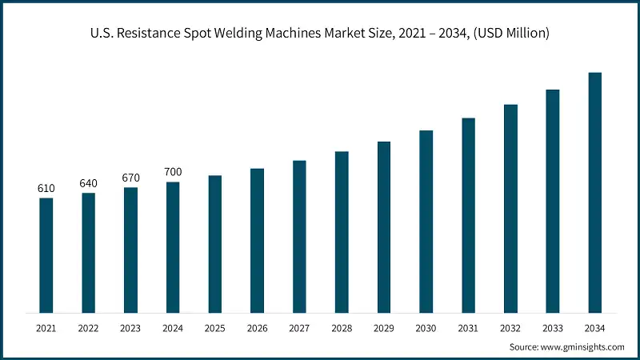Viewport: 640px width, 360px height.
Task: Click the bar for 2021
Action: (46, 255)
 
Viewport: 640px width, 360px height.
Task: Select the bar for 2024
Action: (173, 247)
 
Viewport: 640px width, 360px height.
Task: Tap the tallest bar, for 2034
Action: (595, 192)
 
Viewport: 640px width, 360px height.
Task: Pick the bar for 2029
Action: (384, 227)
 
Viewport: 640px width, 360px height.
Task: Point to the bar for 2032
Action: (510, 208)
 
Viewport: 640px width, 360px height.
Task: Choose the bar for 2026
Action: (257, 240)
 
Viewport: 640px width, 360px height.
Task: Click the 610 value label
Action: (46, 189)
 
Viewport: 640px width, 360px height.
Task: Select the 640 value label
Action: (88, 184)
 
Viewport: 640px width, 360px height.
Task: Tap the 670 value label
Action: (130, 178)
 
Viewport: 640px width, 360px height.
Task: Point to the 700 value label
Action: (173, 173)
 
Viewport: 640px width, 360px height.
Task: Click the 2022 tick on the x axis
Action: (88, 328)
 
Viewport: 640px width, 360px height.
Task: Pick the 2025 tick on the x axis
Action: (214, 328)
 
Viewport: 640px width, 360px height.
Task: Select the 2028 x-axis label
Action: (342, 328)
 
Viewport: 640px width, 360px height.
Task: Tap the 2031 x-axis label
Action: (468, 328)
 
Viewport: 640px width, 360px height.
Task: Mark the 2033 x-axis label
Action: (553, 328)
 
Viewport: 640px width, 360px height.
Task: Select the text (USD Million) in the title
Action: (508, 34)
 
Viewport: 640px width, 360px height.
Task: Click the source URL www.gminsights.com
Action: (582, 347)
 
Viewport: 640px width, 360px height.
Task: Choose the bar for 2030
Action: (426, 221)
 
